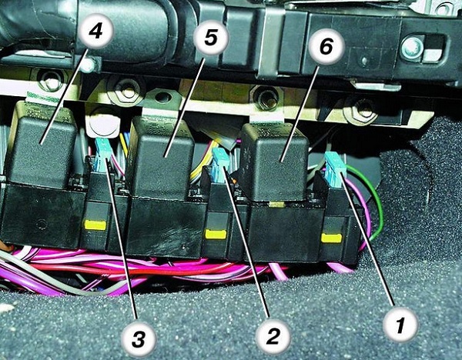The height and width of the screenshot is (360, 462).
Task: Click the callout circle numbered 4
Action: tap(95, 31)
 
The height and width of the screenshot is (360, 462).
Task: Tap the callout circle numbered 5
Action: tap(211, 38)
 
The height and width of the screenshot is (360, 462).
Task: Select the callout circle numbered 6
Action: tap(326, 46)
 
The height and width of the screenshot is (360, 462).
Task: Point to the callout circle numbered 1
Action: tap(400, 325)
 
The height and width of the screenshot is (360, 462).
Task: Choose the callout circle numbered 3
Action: tap(139, 339)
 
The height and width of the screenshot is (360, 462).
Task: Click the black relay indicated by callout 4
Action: tap(42, 145)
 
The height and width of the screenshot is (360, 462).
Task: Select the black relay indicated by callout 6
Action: tap(274, 162)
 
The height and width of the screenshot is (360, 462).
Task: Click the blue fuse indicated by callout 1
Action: tap(335, 170)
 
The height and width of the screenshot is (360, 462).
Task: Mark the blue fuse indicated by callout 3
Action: tap(102, 155)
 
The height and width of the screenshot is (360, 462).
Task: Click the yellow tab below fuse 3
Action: tap(95, 225)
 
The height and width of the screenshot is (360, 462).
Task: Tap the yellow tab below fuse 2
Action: tap(216, 235)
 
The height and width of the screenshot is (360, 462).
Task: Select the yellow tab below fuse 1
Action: tap(331, 238)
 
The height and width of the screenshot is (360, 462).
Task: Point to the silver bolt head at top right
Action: tap(412, 47)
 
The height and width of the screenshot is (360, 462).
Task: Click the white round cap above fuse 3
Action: tap(103, 124)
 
